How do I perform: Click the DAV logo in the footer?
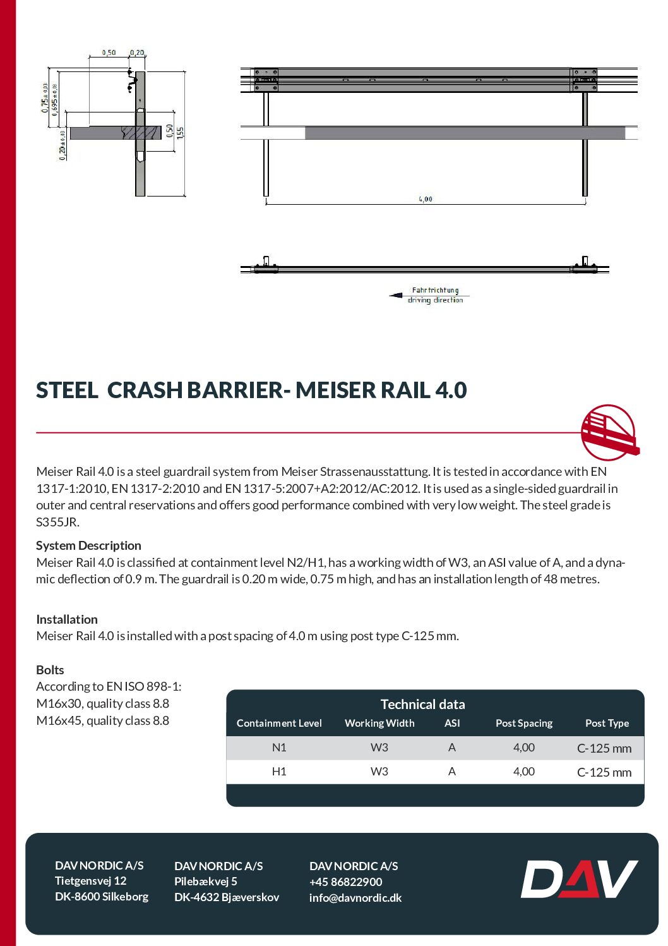(579, 879)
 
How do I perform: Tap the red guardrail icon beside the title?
(609, 433)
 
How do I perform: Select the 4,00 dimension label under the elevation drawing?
(426, 199)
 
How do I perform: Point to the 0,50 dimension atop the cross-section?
(109, 53)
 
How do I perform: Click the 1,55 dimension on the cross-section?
(181, 132)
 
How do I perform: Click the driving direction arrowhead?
(397, 295)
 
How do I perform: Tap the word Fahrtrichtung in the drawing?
(435, 290)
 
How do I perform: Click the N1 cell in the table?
(279, 748)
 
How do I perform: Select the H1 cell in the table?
(279, 772)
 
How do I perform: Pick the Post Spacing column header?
(524, 724)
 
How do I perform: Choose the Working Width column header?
(379, 724)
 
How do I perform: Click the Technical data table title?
(422, 705)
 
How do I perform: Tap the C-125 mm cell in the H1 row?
(604, 772)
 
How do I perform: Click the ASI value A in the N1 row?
(452, 748)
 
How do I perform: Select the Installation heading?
(67, 619)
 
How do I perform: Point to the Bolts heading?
(50, 670)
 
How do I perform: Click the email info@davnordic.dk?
(355, 898)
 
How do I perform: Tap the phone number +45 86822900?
(346, 882)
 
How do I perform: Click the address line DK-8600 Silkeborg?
(102, 897)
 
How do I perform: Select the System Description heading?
(88, 545)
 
